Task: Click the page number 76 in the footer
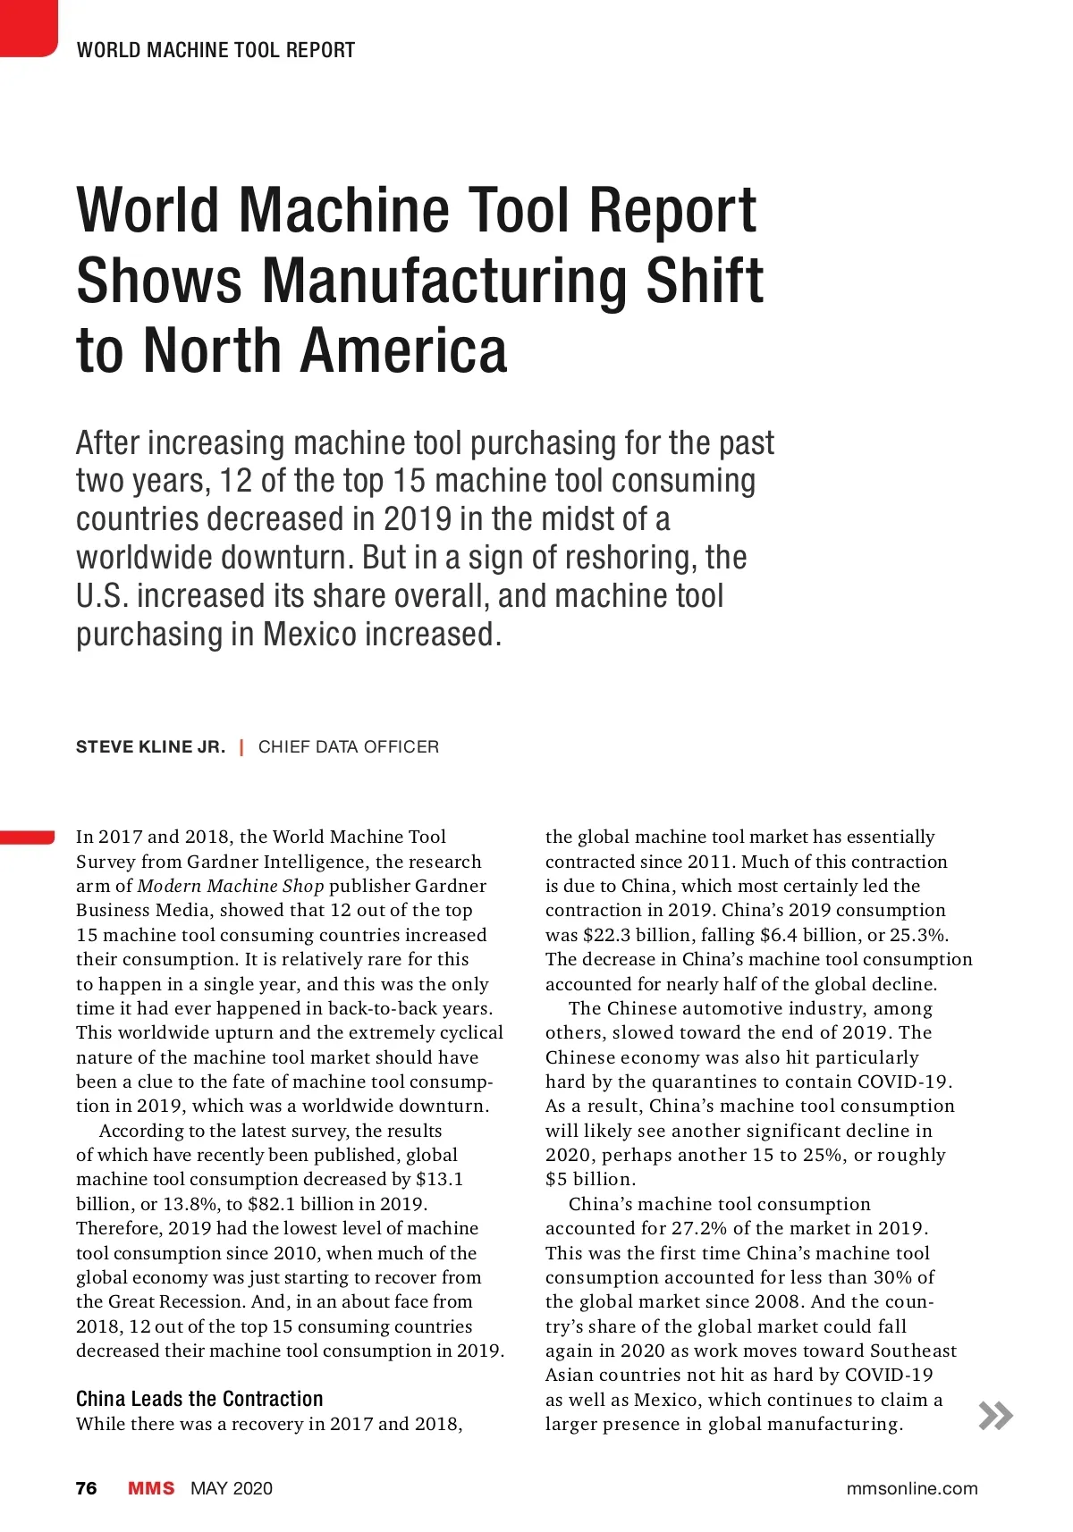click(87, 1488)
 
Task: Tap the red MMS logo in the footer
click(151, 1488)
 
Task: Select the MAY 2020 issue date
click(232, 1488)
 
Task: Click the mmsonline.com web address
click(912, 1488)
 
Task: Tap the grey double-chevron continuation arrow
click(996, 1416)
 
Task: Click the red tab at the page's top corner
click(27, 27)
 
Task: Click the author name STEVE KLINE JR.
click(150, 747)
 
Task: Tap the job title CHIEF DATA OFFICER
click(349, 747)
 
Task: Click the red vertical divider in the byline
click(241, 747)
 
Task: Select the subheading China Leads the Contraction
click(199, 1399)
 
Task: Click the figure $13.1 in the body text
click(439, 1180)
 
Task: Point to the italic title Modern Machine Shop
click(231, 886)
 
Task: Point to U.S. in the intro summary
click(101, 596)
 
